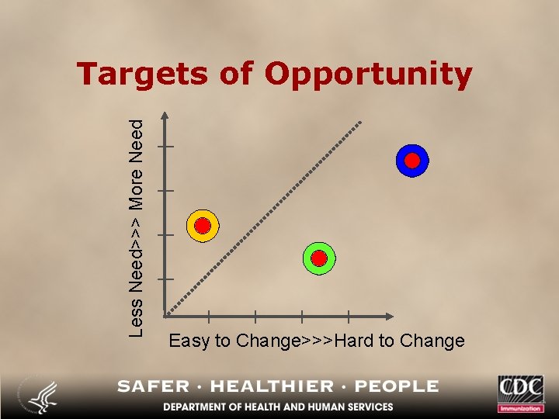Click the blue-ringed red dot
(412, 161)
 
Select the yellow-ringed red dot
(203, 226)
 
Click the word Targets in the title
(142, 74)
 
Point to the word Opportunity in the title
(368, 75)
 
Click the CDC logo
(521, 392)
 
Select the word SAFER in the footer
(153, 386)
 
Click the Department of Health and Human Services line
(278, 407)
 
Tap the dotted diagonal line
(264, 218)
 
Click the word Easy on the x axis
(189, 341)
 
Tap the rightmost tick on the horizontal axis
(349, 317)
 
